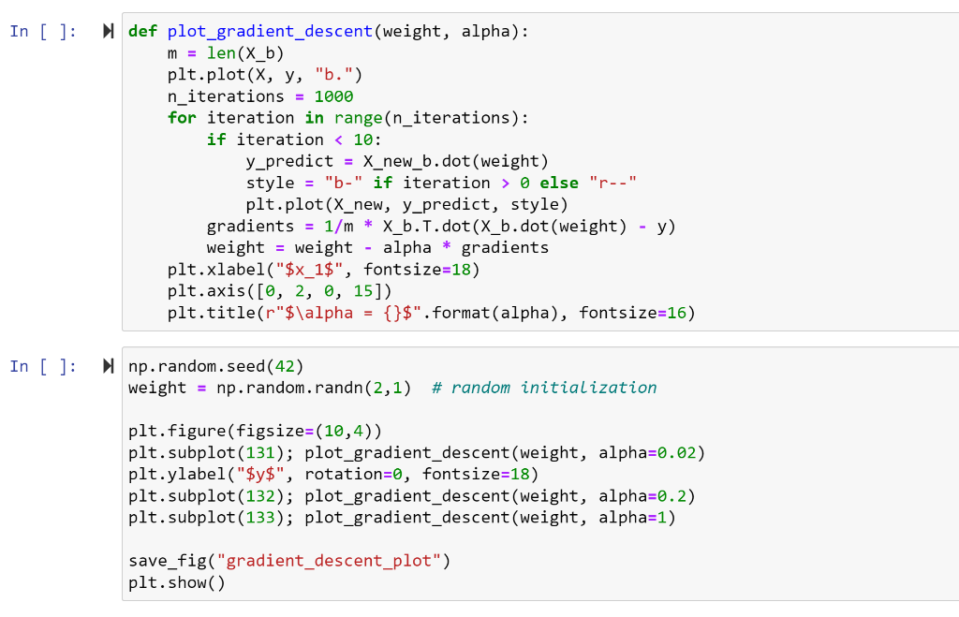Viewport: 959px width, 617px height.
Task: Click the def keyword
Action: click(x=142, y=32)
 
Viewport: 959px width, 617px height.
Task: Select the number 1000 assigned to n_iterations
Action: click(x=334, y=96)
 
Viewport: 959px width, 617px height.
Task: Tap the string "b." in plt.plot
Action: click(x=338, y=75)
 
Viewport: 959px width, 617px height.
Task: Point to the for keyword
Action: click(x=182, y=118)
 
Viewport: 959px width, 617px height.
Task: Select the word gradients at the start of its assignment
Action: click(x=250, y=227)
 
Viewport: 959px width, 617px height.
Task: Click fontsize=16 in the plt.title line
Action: click(x=637, y=313)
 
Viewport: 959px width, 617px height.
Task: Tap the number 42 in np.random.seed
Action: click(x=284, y=366)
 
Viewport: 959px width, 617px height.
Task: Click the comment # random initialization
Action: click(x=544, y=388)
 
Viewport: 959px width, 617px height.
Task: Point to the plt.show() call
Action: click(x=176, y=583)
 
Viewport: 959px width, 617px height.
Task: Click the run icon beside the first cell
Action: click(x=109, y=32)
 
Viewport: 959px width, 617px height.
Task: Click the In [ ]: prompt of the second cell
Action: click(x=43, y=367)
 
